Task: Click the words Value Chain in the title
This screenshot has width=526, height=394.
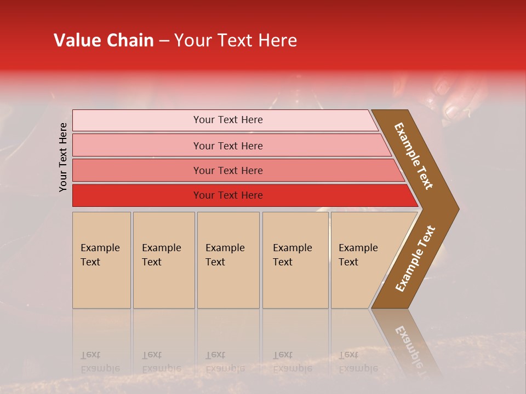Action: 104,40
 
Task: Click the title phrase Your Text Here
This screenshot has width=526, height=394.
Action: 236,40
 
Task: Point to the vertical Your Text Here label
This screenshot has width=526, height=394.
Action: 63,157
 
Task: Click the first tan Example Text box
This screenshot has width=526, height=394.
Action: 101,260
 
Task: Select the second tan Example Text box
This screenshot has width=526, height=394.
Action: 163,260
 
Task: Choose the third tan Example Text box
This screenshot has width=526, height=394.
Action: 227,260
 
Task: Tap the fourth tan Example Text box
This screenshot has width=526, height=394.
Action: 295,260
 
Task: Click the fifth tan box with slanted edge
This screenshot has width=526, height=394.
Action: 362,260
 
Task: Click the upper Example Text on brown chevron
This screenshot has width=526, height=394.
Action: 414,156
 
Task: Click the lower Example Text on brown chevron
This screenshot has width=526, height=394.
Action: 415,259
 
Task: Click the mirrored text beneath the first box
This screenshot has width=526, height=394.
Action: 100,362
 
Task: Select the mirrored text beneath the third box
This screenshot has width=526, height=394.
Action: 225,362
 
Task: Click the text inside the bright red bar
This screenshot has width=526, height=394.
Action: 228,195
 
